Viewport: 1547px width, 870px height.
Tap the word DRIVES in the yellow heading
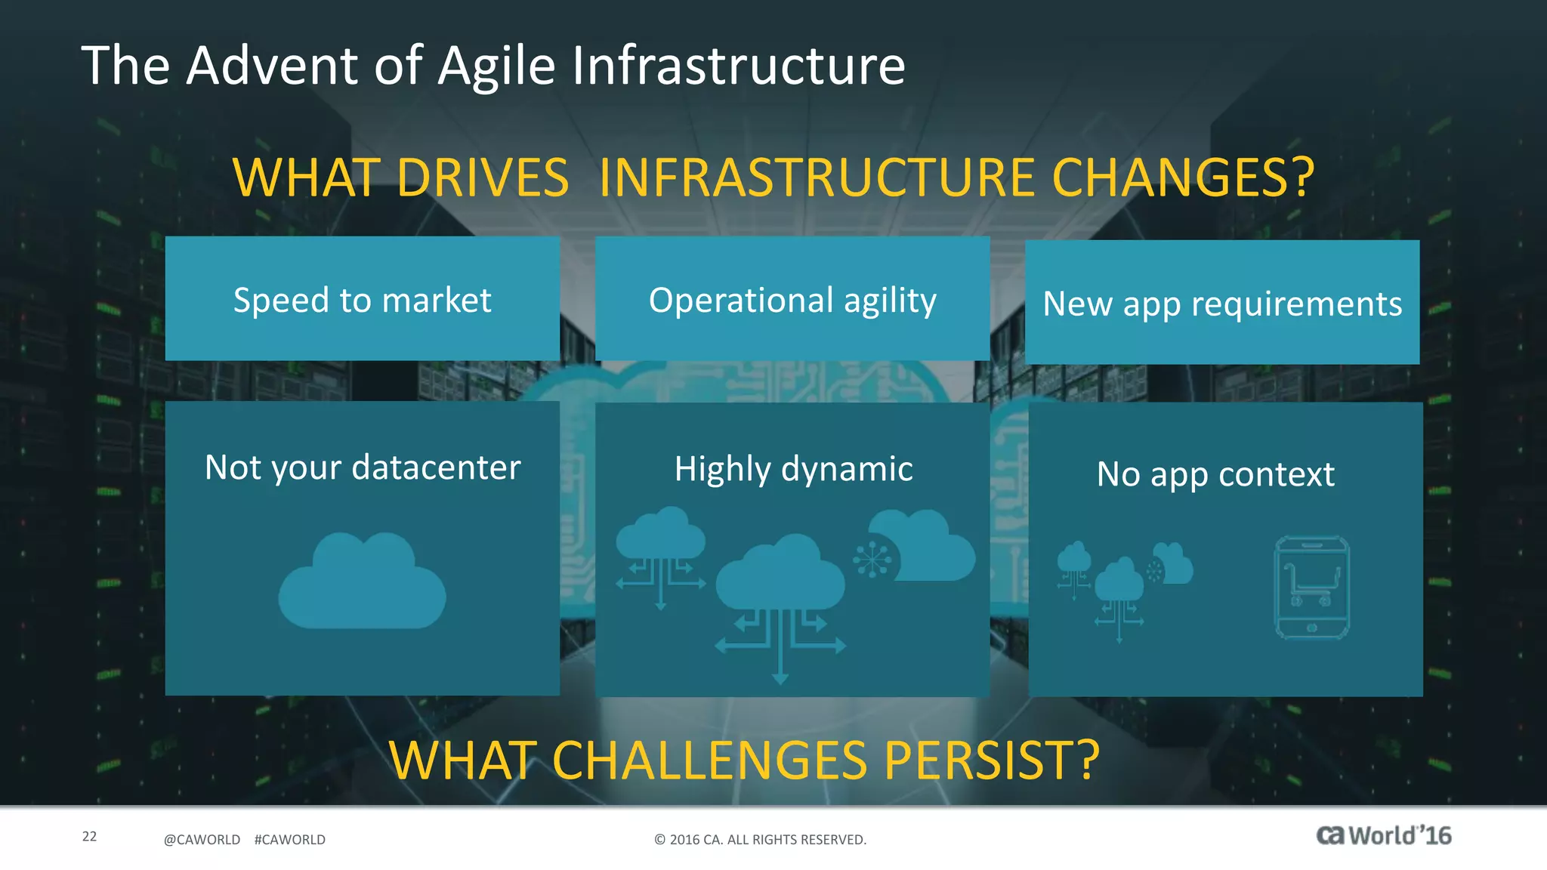tap(482, 178)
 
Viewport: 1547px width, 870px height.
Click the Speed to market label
tap(362, 300)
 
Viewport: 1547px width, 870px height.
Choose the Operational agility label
tap(792, 300)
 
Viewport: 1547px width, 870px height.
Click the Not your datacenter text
tap(362, 467)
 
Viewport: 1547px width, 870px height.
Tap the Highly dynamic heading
tap(793, 469)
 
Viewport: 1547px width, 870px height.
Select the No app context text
tap(1215, 474)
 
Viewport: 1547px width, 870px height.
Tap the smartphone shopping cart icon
tap(1311, 588)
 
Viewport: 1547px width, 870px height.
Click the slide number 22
tap(89, 836)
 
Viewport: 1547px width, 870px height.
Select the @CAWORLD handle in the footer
tap(202, 840)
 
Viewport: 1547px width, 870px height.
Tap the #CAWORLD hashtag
tap(289, 840)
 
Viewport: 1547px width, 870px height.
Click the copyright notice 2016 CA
tap(760, 840)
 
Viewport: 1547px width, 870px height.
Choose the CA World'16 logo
tap(1383, 835)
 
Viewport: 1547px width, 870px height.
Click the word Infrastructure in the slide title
tap(738, 66)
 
